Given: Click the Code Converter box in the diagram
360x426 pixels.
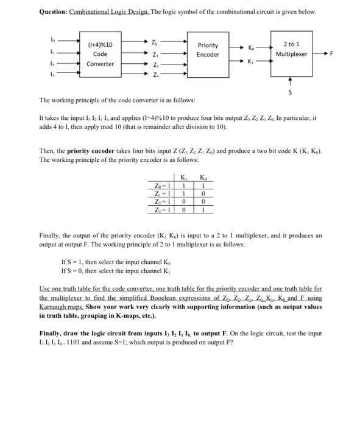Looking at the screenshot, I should coord(100,54).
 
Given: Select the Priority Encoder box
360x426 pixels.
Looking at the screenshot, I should coord(208,50).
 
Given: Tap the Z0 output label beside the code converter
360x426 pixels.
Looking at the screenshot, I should coord(155,42).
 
